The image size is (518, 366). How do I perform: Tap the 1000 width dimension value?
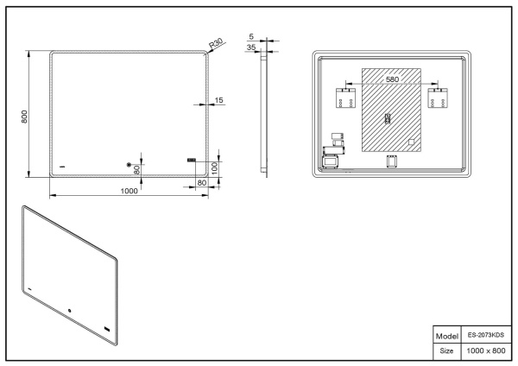[129, 192]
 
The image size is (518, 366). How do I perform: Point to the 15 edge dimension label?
[218, 101]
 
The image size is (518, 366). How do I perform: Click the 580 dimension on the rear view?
[392, 79]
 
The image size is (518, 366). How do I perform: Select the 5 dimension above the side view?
[251, 38]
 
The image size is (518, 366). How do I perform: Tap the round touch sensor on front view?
[129, 165]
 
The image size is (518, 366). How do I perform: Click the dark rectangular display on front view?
[191, 160]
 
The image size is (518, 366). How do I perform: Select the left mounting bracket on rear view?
[347, 96]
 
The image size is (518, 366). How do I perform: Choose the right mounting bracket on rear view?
[437, 96]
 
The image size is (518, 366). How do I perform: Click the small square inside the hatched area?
[411, 142]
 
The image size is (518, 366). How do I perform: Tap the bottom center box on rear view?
[391, 161]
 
